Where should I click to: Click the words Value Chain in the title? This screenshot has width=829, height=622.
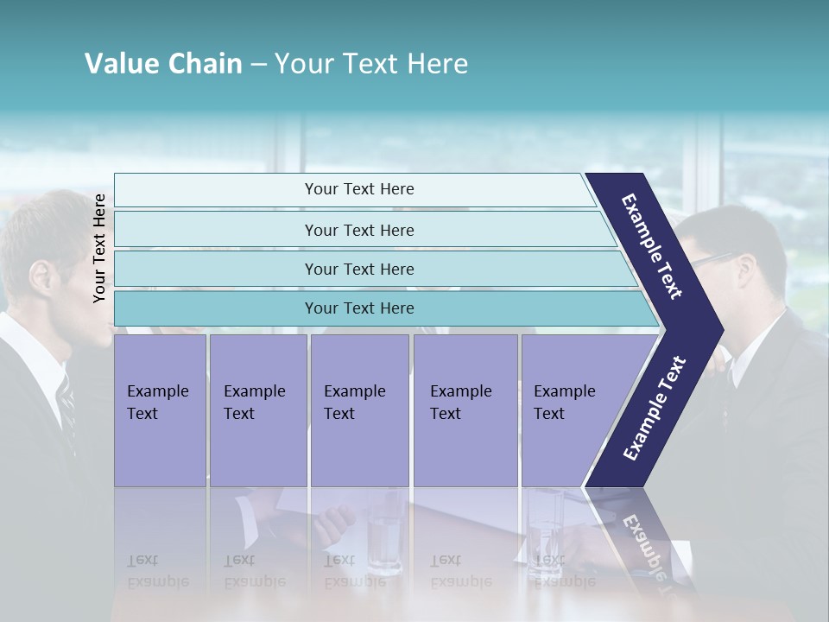click(163, 64)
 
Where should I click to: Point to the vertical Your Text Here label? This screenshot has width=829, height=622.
click(99, 248)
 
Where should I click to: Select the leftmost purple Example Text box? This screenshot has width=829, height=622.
click(160, 409)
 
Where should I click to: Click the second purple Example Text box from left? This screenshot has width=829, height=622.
click(257, 409)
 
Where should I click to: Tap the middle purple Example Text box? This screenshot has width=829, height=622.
click(359, 409)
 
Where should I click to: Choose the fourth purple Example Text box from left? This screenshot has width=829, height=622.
click(465, 409)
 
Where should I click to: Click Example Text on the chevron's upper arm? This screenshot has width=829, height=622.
click(652, 246)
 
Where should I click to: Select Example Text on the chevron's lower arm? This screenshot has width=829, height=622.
click(655, 408)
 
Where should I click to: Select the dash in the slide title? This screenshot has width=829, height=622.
click(258, 65)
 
